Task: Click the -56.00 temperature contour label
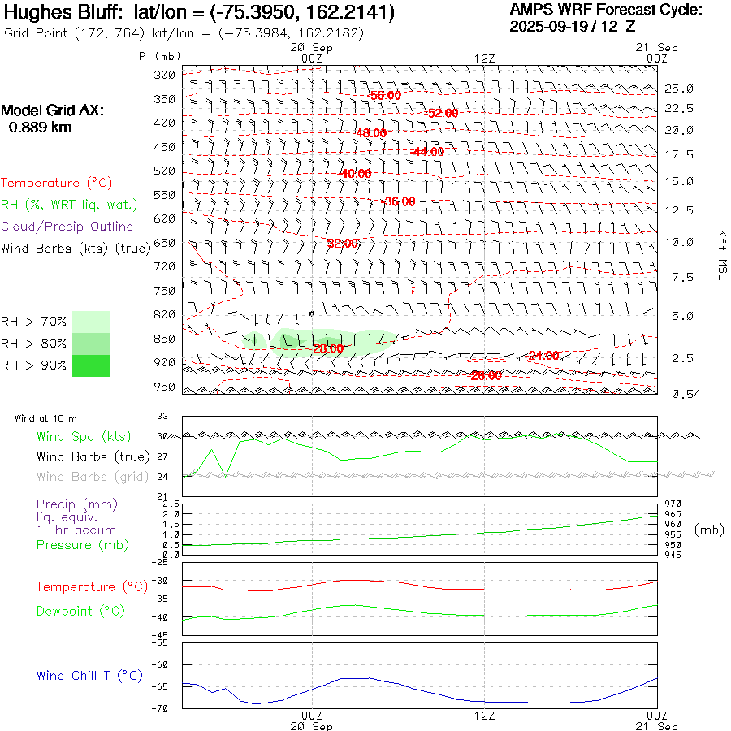click(384, 96)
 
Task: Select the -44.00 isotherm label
click(427, 152)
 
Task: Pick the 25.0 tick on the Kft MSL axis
click(679, 89)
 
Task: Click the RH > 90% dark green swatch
click(91, 365)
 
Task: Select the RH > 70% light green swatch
click(91, 322)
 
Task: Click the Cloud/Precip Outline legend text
click(67, 227)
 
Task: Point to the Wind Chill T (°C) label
click(89, 676)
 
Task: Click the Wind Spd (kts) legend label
click(84, 437)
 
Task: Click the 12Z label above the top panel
click(484, 58)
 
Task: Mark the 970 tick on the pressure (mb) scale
click(673, 504)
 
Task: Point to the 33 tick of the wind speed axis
click(162, 419)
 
